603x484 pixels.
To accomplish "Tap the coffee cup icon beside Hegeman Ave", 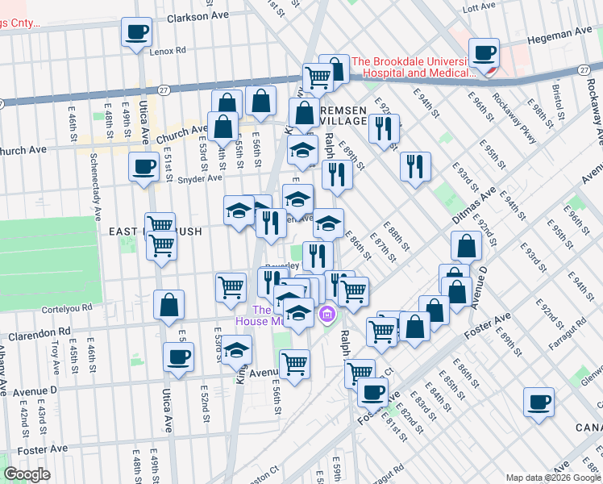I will point(484,54).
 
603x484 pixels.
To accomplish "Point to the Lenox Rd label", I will point(168,50).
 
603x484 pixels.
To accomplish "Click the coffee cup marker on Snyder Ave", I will point(143,167).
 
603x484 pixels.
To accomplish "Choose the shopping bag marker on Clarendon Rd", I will point(169,306).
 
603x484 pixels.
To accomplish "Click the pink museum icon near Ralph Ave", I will point(327,314).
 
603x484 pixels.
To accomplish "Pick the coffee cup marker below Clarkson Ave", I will point(136,33).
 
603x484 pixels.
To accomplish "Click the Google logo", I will point(27,474).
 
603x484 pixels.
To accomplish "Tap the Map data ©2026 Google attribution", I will point(552,478).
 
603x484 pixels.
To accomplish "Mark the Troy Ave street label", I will point(56,354).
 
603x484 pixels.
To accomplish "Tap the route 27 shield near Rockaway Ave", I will point(583,71).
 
